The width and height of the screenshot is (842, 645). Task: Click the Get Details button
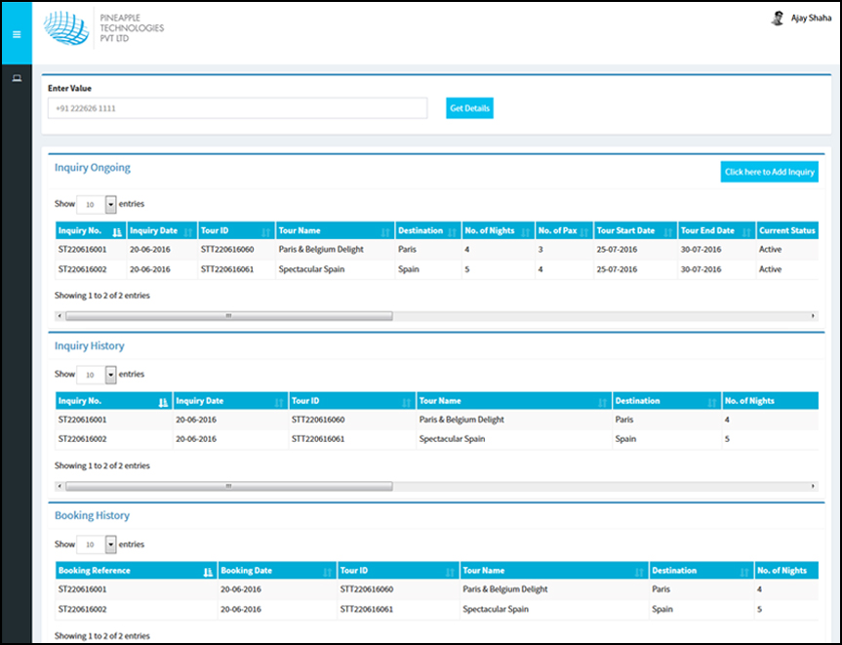(469, 108)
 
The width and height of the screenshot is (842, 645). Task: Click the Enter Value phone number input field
(237, 108)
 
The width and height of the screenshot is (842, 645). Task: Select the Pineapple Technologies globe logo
(66, 32)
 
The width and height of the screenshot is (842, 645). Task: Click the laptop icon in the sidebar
(16, 78)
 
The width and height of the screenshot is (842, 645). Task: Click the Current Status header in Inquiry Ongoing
(786, 231)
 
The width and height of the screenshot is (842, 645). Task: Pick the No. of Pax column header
(558, 231)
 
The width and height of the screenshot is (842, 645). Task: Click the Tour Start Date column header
(625, 231)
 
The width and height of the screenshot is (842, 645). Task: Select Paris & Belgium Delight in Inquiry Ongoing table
(320, 250)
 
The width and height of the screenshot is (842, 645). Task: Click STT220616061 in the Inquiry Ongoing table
(227, 269)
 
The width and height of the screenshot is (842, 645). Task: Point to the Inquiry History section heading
(90, 346)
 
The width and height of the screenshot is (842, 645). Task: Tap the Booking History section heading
(92, 515)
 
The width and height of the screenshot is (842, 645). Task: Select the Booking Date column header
(247, 571)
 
